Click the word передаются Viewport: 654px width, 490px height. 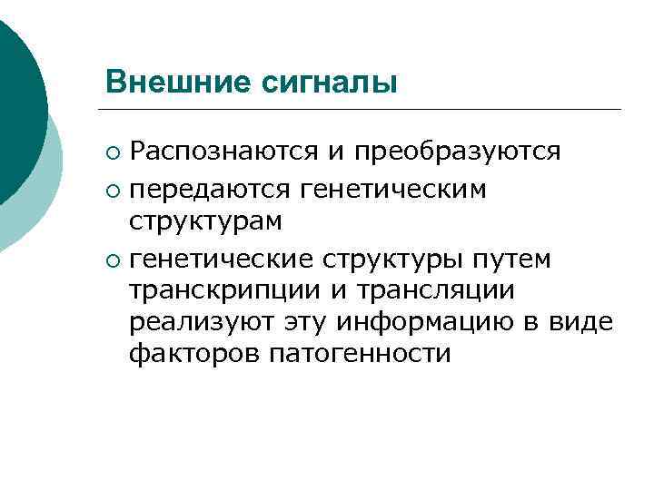click(x=209, y=189)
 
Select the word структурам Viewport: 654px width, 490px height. click(x=204, y=221)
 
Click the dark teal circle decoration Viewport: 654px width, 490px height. click(x=18, y=100)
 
